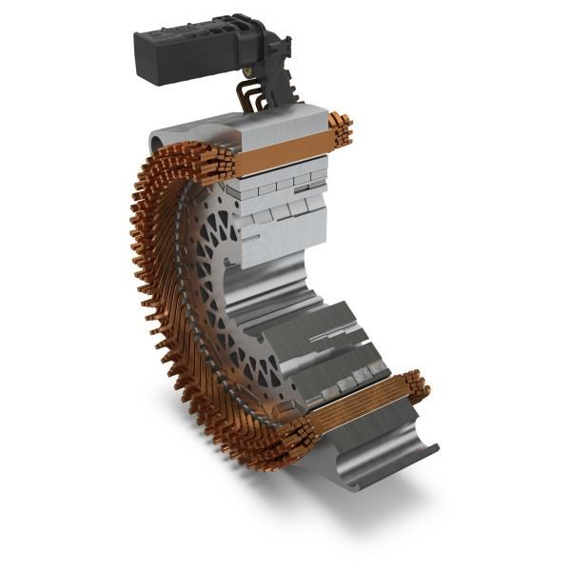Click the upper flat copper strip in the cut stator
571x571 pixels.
[281, 152]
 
